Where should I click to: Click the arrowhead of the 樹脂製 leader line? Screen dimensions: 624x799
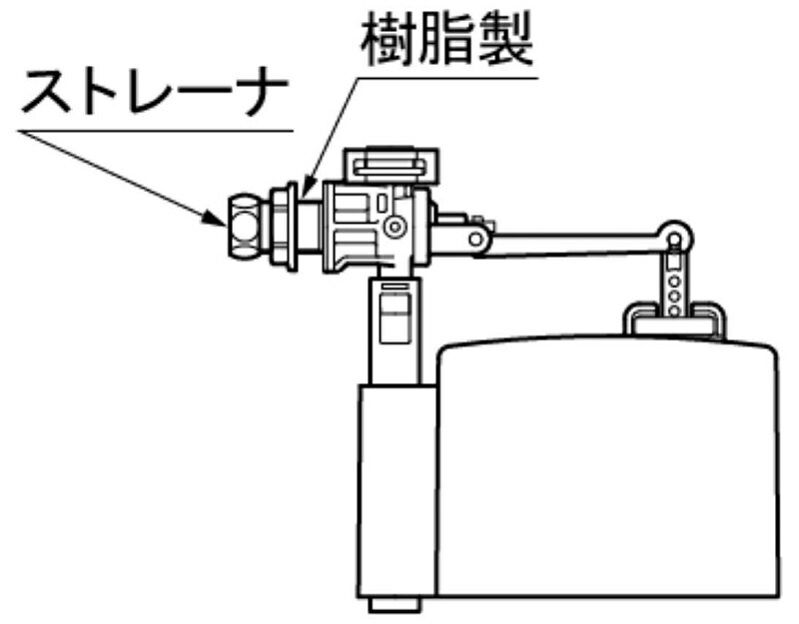pyautogui.click(x=306, y=190)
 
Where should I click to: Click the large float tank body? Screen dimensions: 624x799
pyautogui.click(x=609, y=469)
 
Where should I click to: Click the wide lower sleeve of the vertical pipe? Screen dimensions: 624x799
pyautogui.click(x=395, y=489)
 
